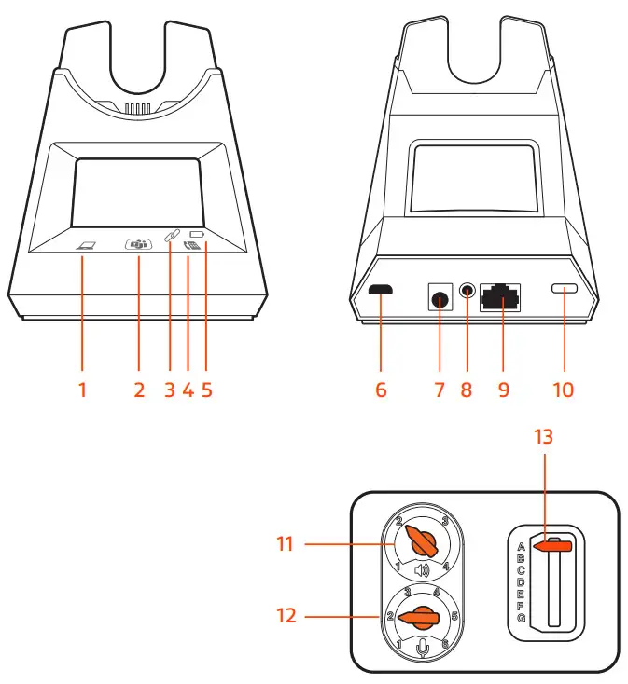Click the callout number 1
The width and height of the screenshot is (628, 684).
pyautogui.click(x=82, y=390)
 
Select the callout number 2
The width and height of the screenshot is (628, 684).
pyautogui.click(x=139, y=390)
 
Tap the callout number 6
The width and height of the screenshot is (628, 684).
pyautogui.click(x=381, y=390)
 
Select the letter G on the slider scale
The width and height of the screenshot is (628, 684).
pyautogui.click(x=520, y=618)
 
